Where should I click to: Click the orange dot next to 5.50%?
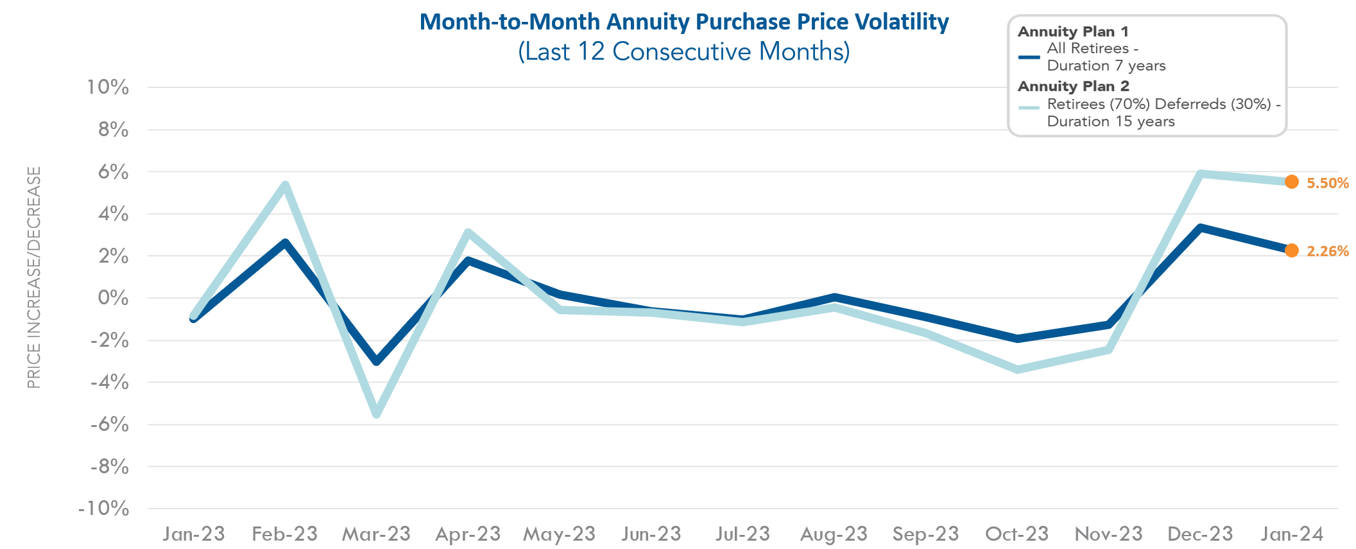pyautogui.click(x=1291, y=182)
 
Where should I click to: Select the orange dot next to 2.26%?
pyautogui.click(x=1291, y=250)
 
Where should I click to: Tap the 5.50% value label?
pyautogui.click(x=1327, y=183)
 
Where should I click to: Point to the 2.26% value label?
pyautogui.click(x=1327, y=251)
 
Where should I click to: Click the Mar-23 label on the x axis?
pyautogui.click(x=376, y=534)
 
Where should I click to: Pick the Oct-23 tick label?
pyautogui.click(x=1017, y=534)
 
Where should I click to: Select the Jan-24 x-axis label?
pyautogui.click(x=1292, y=534)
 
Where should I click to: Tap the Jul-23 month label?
pyautogui.click(x=742, y=534)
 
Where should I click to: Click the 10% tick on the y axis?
pyautogui.click(x=108, y=87)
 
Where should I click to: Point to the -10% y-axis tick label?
pyautogui.click(x=104, y=509)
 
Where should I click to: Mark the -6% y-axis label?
pyautogui.click(x=110, y=424)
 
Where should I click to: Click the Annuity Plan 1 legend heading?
pyautogui.click(x=1072, y=31)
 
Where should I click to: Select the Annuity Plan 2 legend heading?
pyautogui.click(x=1073, y=86)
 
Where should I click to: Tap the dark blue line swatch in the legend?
pyautogui.click(x=1029, y=57)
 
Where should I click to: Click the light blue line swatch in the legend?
pyautogui.click(x=1029, y=108)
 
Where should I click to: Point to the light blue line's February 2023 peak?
pyautogui.click(x=285, y=186)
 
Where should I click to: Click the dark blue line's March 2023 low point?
pyautogui.click(x=377, y=362)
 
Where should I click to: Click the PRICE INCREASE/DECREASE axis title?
pyautogui.click(x=34, y=277)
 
